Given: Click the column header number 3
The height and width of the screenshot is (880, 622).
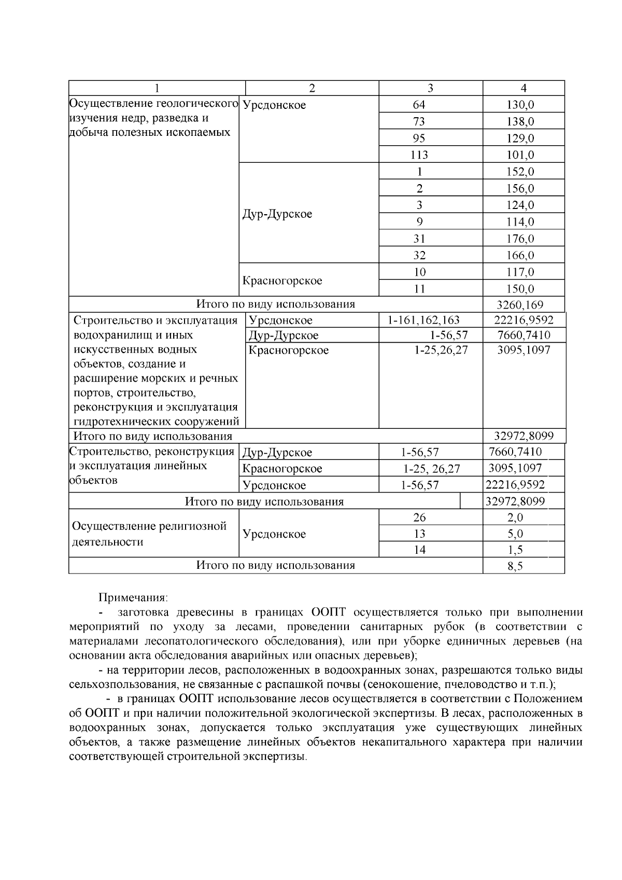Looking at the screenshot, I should pyautogui.click(x=430, y=88).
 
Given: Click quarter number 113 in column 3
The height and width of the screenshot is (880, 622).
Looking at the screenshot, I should pyautogui.click(x=419, y=155).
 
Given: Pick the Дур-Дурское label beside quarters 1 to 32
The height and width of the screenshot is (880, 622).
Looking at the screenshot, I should pyautogui.click(x=277, y=214).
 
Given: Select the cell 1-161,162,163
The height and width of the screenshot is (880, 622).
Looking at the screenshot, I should pyautogui.click(x=423, y=320).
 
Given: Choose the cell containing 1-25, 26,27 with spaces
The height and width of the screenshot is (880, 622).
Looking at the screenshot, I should pyautogui.click(x=431, y=469).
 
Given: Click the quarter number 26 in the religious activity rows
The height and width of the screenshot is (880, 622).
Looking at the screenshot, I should pyautogui.click(x=419, y=517).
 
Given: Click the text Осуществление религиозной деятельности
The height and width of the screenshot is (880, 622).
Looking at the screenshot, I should pyautogui.click(x=149, y=534).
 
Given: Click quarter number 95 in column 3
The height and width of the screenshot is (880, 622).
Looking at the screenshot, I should pyautogui.click(x=419, y=138).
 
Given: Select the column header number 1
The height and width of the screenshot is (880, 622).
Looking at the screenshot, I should pyautogui.click(x=157, y=88).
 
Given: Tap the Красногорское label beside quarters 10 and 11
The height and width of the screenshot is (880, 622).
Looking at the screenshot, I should pyautogui.click(x=282, y=281).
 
